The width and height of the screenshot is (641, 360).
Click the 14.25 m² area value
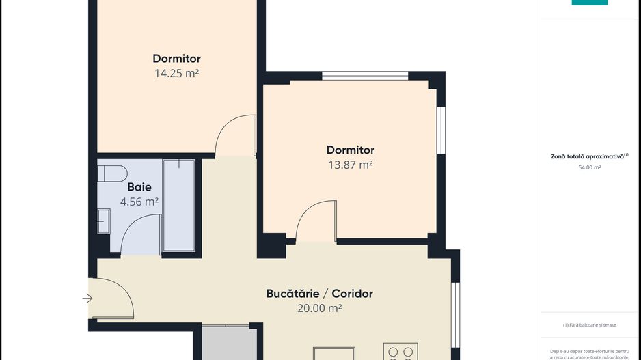tap(176, 73)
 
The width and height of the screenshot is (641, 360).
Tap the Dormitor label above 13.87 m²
tap(350, 150)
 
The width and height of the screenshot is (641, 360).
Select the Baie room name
tap(139, 186)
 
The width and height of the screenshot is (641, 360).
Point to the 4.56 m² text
tap(139, 202)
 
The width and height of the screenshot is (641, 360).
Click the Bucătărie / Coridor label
tap(319, 294)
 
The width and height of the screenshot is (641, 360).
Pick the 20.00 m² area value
tap(319, 308)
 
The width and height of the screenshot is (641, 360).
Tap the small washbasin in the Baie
tap(103, 221)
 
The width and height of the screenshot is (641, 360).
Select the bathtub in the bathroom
tap(178, 205)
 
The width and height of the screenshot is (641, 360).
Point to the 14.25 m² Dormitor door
tap(234, 135)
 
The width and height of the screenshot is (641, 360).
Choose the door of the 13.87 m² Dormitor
tap(316, 220)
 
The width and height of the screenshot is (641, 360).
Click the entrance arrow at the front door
tap(87, 298)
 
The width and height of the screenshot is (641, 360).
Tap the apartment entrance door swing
tap(113, 299)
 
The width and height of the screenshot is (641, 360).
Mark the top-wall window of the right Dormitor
tap(365, 76)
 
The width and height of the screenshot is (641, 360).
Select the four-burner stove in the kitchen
tap(400, 351)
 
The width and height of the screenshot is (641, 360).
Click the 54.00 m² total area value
tap(589, 167)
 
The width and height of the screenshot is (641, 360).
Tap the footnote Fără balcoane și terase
tap(589, 325)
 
